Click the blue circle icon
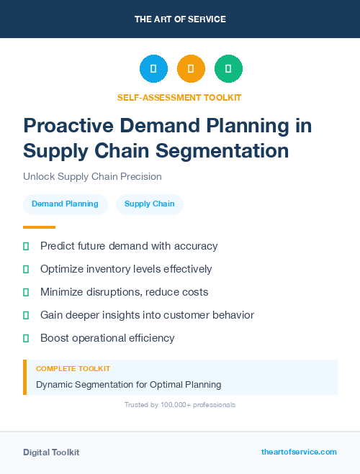click(x=153, y=69)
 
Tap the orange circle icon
click(x=191, y=69)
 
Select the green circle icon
click(x=228, y=69)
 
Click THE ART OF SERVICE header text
click(x=180, y=19)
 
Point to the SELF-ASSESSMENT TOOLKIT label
click(x=179, y=97)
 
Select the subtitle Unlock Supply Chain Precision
click(x=92, y=176)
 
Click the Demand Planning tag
click(x=65, y=204)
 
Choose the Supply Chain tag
click(x=149, y=204)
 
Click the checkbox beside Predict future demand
click(x=26, y=246)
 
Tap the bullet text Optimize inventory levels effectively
click(x=126, y=269)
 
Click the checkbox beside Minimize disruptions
click(x=26, y=292)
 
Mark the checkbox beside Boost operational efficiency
click(x=26, y=338)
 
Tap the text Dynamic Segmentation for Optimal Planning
click(x=128, y=385)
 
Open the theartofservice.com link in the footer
click(x=299, y=452)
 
